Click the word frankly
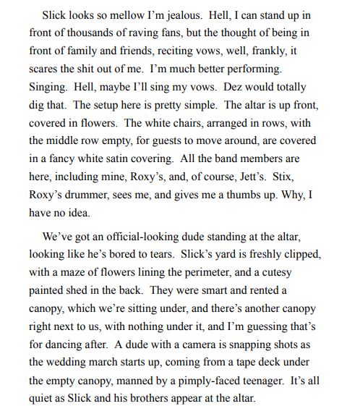click(x=287, y=52)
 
